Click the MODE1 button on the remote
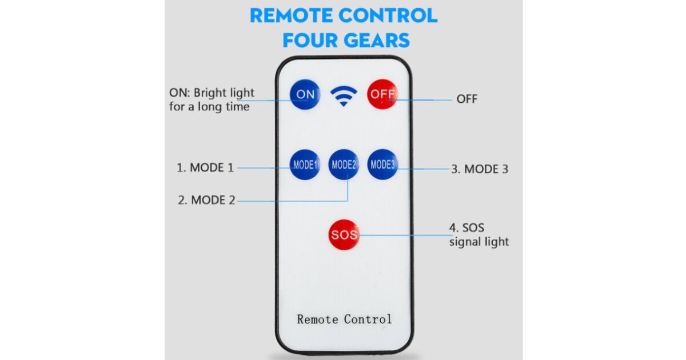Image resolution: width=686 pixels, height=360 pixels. pyautogui.click(x=305, y=165)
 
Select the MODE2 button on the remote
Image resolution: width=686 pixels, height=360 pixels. pyautogui.click(x=344, y=165)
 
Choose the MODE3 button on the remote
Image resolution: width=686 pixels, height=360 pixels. pyautogui.click(x=382, y=165)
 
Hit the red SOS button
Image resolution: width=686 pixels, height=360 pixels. pyautogui.click(x=344, y=235)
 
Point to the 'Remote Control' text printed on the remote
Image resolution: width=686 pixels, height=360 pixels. pyautogui.click(x=344, y=319)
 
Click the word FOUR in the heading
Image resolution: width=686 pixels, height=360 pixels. pyautogui.click(x=312, y=40)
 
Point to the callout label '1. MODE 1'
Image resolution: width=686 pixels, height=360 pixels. pyautogui.click(x=205, y=168)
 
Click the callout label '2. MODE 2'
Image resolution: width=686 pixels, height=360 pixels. pyautogui.click(x=206, y=201)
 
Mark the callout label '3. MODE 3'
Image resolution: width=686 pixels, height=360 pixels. pyautogui.click(x=479, y=169)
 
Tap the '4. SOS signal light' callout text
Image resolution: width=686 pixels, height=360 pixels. pyautogui.click(x=478, y=235)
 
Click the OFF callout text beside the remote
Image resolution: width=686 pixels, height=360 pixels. pyautogui.click(x=466, y=99)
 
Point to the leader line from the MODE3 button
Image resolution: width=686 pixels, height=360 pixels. pyautogui.click(x=423, y=169)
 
